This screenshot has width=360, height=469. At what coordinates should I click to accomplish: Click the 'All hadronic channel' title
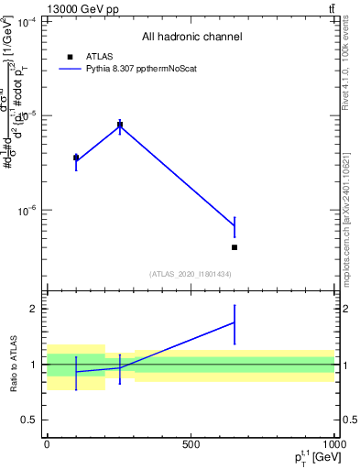(x=191, y=38)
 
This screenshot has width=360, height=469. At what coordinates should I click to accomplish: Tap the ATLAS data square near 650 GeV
(x=235, y=247)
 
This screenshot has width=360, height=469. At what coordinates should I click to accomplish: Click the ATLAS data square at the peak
(x=119, y=125)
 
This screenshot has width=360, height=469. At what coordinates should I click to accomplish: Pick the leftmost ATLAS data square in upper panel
(x=76, y=158)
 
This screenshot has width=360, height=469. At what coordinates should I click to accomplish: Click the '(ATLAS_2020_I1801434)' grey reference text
(x=191, y=274)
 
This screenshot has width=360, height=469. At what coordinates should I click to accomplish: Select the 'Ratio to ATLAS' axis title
(x=13, y=364)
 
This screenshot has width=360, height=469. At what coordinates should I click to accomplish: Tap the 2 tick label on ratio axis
(x=33, y=309)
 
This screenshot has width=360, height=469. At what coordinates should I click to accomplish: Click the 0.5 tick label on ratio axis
(x=29, y=420)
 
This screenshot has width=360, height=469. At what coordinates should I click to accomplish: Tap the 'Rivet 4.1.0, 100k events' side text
(x=351, y=69)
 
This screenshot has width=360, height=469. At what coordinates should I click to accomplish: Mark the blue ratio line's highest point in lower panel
(x=235, y=322)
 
